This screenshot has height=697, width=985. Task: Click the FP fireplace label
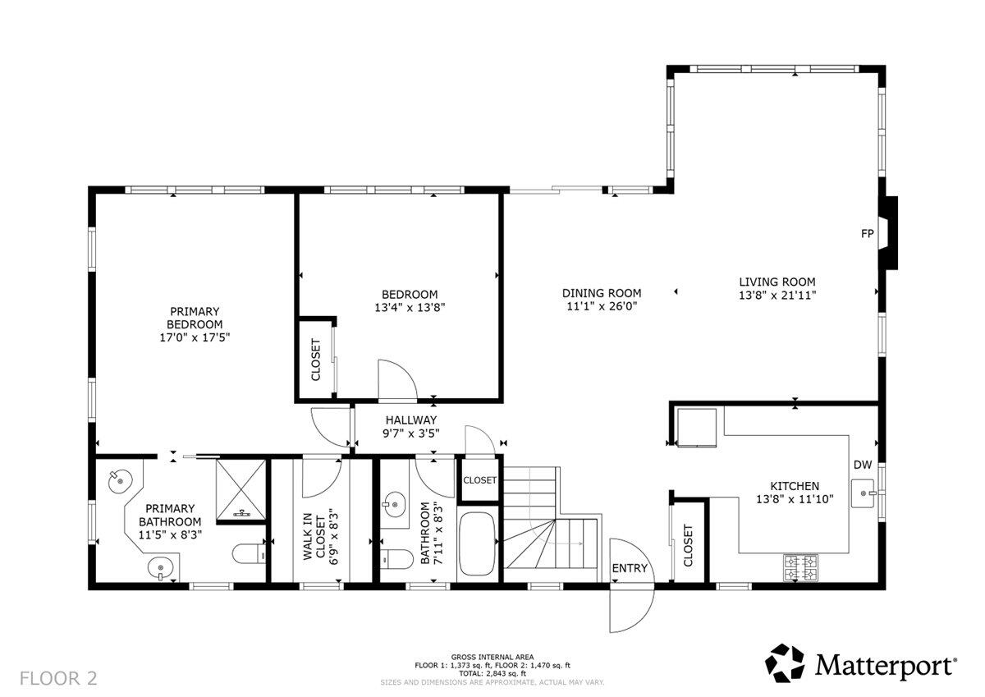(866, 234)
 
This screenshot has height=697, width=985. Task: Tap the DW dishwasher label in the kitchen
(862, 465)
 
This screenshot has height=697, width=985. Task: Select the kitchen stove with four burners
(800, 567)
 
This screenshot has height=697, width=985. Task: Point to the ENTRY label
(630, 568)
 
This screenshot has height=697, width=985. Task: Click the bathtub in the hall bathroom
(476, 544)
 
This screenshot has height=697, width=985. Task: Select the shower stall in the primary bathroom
(241, 489)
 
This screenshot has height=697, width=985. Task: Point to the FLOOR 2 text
(58, 678)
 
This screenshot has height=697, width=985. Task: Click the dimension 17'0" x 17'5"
(195, 337)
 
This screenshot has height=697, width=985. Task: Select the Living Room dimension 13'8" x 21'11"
(777, 294)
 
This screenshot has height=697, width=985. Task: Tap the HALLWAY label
(411, 420)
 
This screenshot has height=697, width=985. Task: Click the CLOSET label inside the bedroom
(316, 360)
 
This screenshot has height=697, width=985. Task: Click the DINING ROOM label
(602, 293)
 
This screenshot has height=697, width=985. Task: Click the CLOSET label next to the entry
(688, 545)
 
